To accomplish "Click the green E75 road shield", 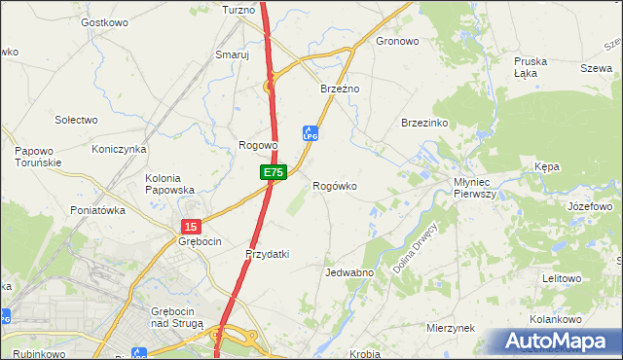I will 274,172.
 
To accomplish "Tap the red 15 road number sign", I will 189,226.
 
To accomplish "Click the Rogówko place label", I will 334,186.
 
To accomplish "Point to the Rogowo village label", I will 259,145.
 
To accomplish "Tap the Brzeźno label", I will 341,89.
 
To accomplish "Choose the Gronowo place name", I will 397,42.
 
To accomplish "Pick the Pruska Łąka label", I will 531,67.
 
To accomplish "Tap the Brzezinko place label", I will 424,123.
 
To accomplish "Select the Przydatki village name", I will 268,254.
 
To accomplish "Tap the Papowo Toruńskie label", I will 39,157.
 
